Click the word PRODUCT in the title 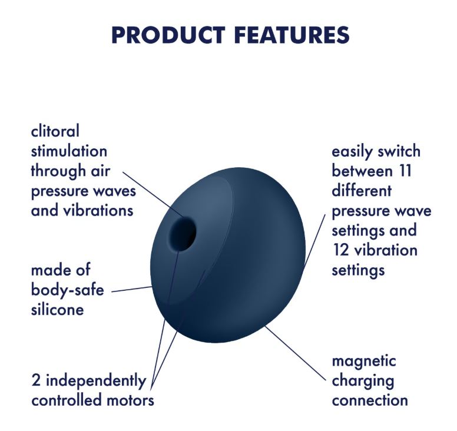pyautogui.click(x=168, y=35)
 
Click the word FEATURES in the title pyautogui.click(x=292, y=35)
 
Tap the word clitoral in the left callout pyautogui.click(x=55, y=131)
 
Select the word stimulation pyautogui.click(x=69, y=151)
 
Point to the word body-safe pyautogui.click(x=67, y=290)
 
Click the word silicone pyautogui.click(x=57, y=309)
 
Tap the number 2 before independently pyautogui.click(x=36, y=380)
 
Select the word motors pyautogui.click(x=130, y=400)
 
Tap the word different pyautogui.click(x=362, y=191)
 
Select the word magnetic pyautogui.click(x=364, y=362)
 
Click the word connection pyautogui.click(x=370, y=400)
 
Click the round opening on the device pyautogui.click(x=183, y=234)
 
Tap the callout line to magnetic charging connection pyautogui.click(x=295, y=353)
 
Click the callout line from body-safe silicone pyautogui.click(x=133, y=289)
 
